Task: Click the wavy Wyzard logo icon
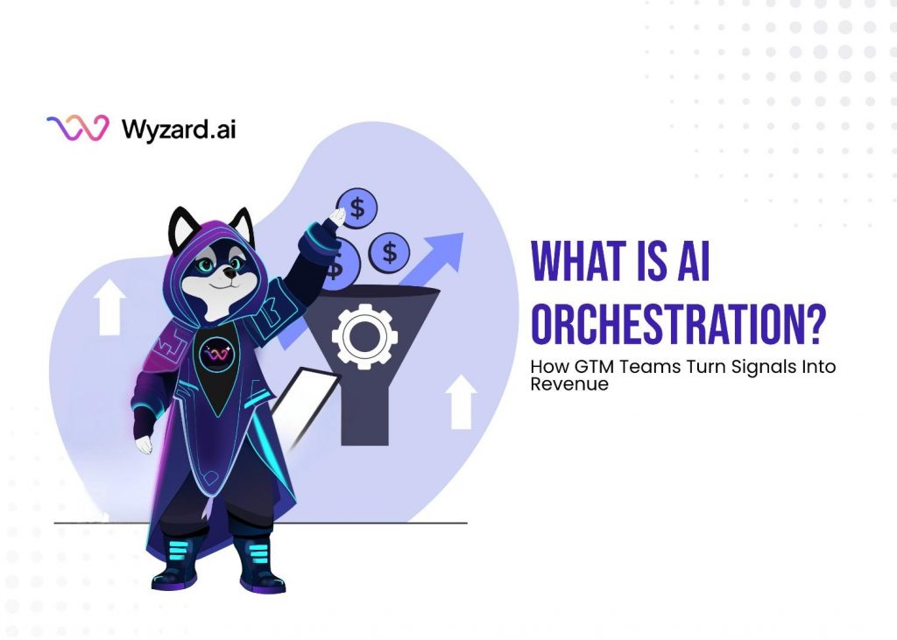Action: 78,129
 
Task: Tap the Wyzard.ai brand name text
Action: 178,130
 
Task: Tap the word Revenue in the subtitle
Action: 569,383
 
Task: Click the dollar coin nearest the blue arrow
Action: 389,252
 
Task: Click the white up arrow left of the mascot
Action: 109,307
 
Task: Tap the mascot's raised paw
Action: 336,214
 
